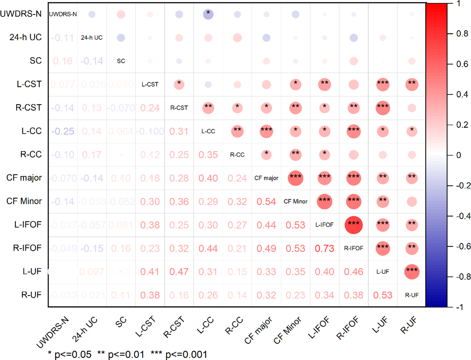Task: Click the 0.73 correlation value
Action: [x=324, y=249]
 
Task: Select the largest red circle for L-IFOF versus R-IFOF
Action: [x=354, y=225]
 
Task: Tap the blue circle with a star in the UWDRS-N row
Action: [x=208, y=14]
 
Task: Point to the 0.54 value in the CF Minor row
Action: [x=266, y=202]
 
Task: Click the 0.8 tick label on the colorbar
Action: [x=462, y=34]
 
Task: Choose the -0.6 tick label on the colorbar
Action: [x=463, y=246]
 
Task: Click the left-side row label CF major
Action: [x=24, y=178]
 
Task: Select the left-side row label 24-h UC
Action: [x=26, y=37]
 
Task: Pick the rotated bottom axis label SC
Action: [x=121, y=322]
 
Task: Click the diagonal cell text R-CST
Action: [x=179, y=108]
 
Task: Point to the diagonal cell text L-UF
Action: [x=383, y=272]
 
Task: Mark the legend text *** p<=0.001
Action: [x=179, y=355]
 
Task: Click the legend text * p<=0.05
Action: [x=70, y=355]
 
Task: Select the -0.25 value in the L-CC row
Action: [x=63, y=131]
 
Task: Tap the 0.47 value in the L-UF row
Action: [x=179, y=272]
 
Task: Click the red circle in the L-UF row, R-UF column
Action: [x=412, y=272]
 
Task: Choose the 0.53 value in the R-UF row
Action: [x=383, y=295]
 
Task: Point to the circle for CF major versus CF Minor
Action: [x=295, y=178]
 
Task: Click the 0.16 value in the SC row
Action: [x=63, y=61]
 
